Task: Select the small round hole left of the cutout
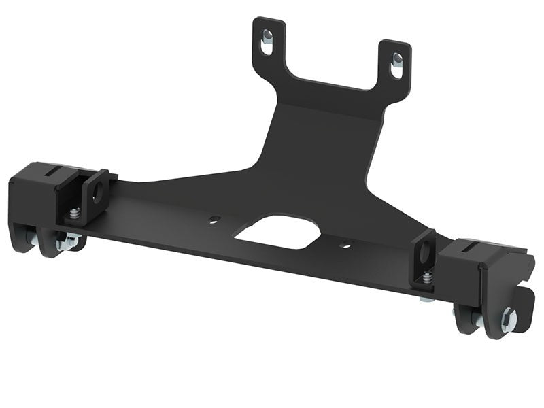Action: click(x=215, y=220)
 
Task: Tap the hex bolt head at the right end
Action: click(x=509, y=320)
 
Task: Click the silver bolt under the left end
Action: click(x=68, y=241)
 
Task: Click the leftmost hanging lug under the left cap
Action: click(x=26, y=238)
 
